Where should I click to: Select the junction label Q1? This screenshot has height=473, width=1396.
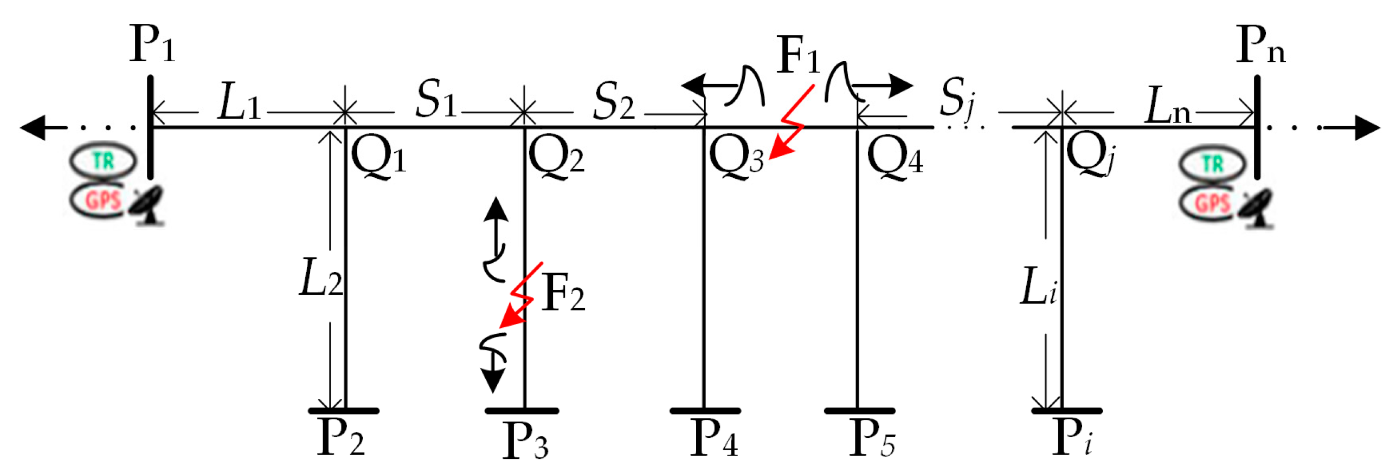click(378, 155)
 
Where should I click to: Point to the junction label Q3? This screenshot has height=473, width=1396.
click(736, 157)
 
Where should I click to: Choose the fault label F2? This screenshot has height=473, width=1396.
click(563, 293)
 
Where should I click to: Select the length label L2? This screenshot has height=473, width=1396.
click(320, 277)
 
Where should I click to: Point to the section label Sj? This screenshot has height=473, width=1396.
click(956, 98)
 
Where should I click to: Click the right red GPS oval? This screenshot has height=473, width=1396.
click(1211, 203)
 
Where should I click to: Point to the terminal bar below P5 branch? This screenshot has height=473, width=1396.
click(859, 411)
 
